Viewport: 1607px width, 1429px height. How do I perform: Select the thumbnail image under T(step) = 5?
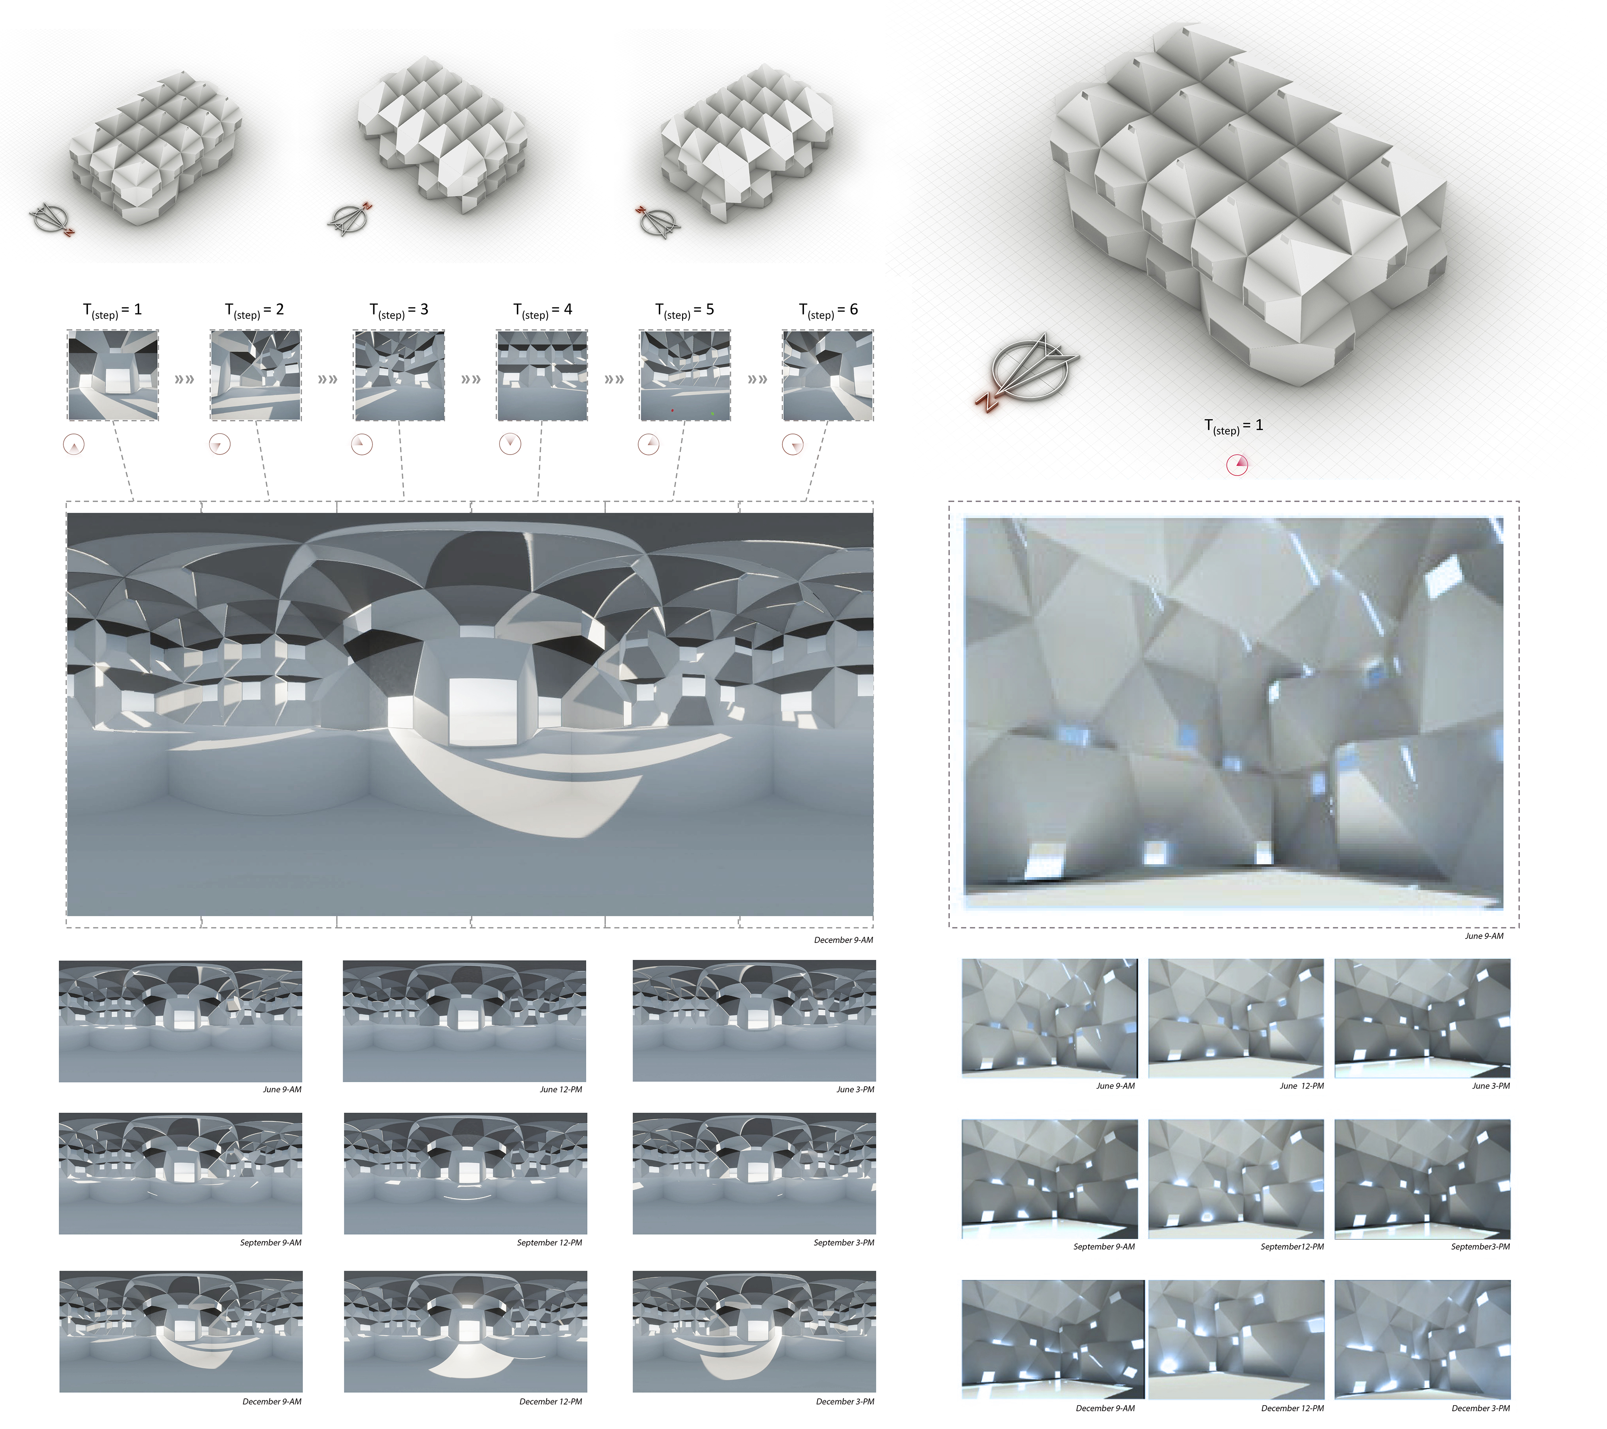coord(685,375)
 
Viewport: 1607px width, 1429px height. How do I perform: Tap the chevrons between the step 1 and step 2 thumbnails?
coord(184,379)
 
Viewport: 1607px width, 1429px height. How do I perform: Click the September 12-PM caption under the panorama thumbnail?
coord(550,1243)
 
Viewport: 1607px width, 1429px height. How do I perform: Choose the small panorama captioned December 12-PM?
coord(465,1331)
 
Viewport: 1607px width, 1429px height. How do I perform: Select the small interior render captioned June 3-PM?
coord(1422,1018)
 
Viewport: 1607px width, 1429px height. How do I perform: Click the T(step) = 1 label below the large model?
coord(1234,426)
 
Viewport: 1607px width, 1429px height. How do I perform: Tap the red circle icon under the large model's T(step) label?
coord(1237,465)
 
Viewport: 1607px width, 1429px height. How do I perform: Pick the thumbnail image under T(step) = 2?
coord(256,375)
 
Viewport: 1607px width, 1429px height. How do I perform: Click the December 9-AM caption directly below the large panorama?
coord(843,940)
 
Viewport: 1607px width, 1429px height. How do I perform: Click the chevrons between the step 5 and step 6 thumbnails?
coord(757,379)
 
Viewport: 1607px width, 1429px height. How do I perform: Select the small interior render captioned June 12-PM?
coord(1236,1018)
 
